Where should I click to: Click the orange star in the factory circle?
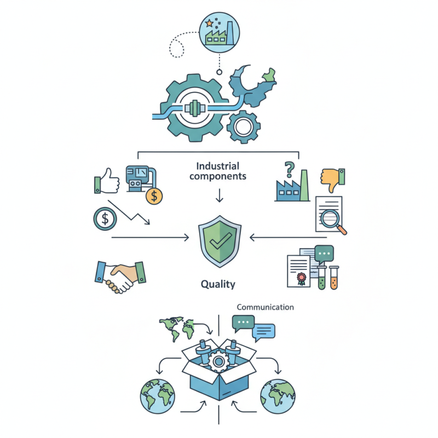209,23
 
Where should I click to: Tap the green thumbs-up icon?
107,181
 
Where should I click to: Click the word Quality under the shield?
218,284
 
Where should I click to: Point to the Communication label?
265,307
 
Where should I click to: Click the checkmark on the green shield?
221,240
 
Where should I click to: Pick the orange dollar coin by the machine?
154,196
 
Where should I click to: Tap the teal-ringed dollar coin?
105,218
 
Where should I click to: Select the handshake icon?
120,276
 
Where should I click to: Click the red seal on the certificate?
301,278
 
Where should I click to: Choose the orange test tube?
334,278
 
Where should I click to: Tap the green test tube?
322,278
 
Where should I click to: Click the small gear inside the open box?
218,362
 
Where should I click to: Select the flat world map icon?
176,328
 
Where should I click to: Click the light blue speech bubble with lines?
263,332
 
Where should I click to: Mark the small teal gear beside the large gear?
244,127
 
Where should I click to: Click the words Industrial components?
218,171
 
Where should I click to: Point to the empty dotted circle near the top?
176,48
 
